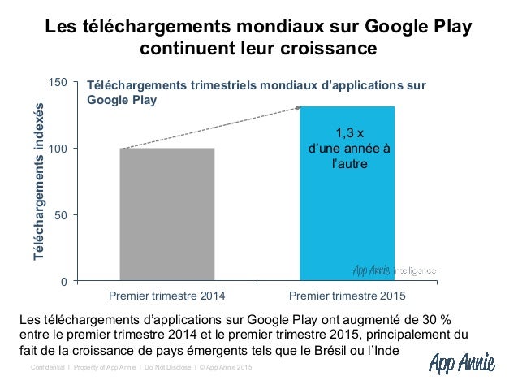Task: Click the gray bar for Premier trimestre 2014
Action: [x=167, y=214]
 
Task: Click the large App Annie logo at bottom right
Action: [x=460, y=362]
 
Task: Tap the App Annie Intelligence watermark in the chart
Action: [x=394, y=270]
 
